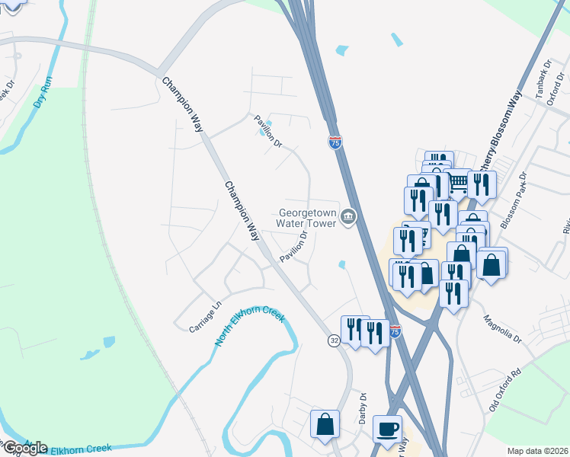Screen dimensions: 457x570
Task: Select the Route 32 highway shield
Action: coord(335,341)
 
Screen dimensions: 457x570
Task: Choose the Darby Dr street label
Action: coord(363,408)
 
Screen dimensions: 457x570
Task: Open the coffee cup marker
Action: coord(388,428)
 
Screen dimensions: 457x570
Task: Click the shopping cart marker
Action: coord(457,183)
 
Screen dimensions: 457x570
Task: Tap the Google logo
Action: coord(24,447)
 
